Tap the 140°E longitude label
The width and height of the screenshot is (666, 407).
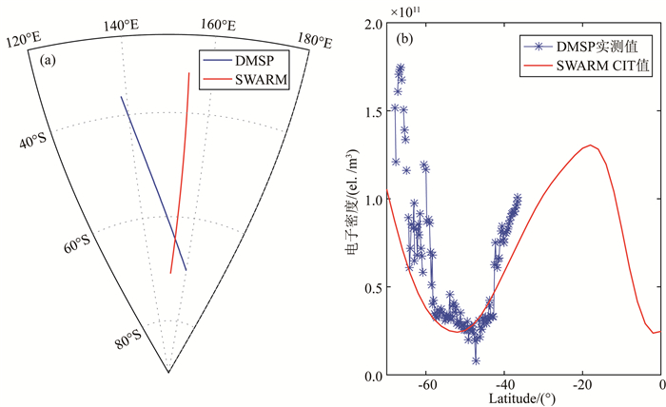pyautogui.click(x=122, y=25)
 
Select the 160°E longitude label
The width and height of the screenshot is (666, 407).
pyautogui.click(x=219, y=25)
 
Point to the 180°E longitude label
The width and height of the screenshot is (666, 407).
pyautogui.click(x=314, y=39)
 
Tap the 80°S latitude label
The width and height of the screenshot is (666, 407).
pyautogui.click(x=129, y=339)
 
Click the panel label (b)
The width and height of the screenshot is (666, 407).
pyautogui.click(x=403, y=39)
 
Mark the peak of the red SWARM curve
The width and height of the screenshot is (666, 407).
pyautogui.click(x=591, y=145)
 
